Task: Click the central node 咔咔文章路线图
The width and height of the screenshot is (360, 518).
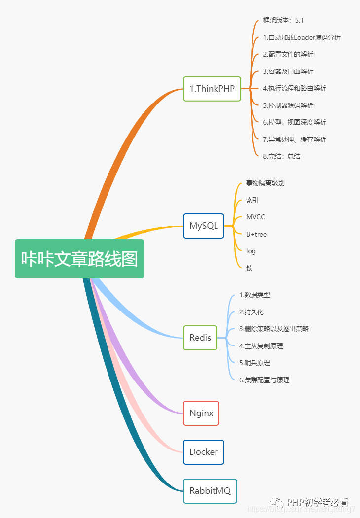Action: [x=79, y=259]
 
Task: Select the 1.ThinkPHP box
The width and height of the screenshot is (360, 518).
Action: [x=212, y=89]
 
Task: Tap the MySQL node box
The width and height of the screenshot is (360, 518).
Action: [x=204, y=226]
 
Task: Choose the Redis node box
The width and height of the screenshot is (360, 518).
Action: [x=200, y=338]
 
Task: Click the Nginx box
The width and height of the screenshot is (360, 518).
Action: [x=201, y=413]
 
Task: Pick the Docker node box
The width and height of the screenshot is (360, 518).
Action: [x=204, y=452]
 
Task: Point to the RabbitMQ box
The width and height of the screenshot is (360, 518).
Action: [x=210, y=491]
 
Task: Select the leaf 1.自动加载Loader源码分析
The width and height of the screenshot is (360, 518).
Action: [x=301, y=37]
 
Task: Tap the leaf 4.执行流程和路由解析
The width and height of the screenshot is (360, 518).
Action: [x=294, y=88]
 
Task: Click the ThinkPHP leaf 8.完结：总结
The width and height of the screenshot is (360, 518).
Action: [x=282, y=156]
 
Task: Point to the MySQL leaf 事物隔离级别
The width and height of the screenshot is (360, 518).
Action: [x=265, y=183]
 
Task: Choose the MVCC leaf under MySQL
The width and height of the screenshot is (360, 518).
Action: [x=255, y=217]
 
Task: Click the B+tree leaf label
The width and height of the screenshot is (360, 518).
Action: [x=256, y=234]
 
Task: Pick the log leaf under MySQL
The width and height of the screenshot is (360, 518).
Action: [x=251, y=251]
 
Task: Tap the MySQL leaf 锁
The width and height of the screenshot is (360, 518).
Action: [x=250, y=268]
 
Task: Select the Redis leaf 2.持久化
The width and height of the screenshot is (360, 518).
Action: [x=252, y=312]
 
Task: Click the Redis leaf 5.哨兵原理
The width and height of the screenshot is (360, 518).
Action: [x=254, y=363]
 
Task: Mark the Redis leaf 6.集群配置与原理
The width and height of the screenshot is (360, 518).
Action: [x=264, y=380]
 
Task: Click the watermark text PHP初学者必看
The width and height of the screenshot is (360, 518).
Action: [x=318, y=502]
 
